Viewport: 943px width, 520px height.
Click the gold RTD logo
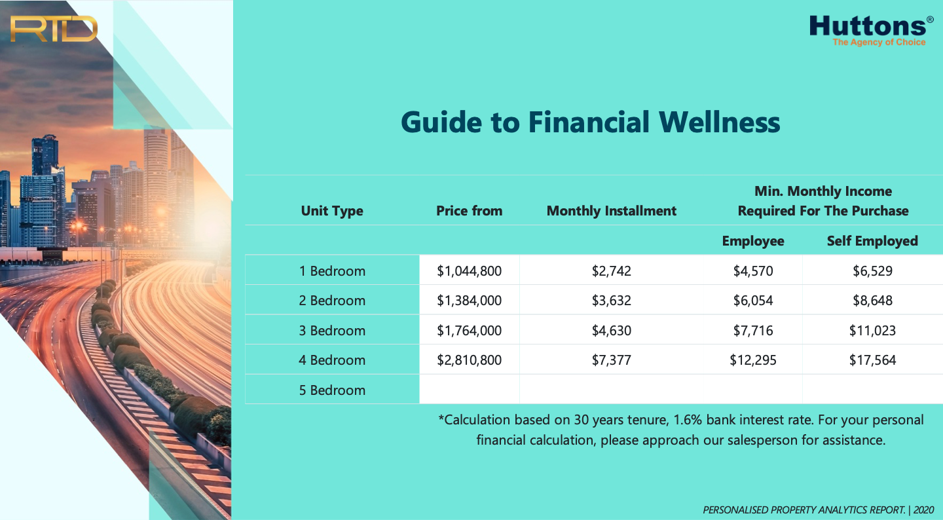point(54,29)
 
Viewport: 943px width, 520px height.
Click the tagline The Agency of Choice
point(879,42)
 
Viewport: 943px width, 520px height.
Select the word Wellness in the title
point(720,122)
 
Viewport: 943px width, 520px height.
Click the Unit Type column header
point(332,210)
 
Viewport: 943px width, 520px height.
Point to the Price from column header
point(470,210)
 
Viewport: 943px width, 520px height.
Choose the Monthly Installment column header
point(611,210)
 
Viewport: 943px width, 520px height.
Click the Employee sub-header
point(753,241)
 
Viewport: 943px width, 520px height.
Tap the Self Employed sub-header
point(872,241)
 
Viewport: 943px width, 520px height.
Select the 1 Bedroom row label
point(332,270)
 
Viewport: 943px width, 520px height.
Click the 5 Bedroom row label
point(332,390)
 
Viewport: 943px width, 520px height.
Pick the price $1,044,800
point(470,270)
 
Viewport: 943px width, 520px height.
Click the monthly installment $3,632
point(611,300)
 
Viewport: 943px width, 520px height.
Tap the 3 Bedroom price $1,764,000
point(470,331)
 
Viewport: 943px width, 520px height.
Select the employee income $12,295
point(753,360)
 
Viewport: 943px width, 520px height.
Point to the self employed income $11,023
point(872,331)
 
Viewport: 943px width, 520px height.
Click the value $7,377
point(611,360)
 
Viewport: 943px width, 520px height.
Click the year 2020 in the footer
point(923,510)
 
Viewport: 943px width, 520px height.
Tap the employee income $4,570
point(753,270)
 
